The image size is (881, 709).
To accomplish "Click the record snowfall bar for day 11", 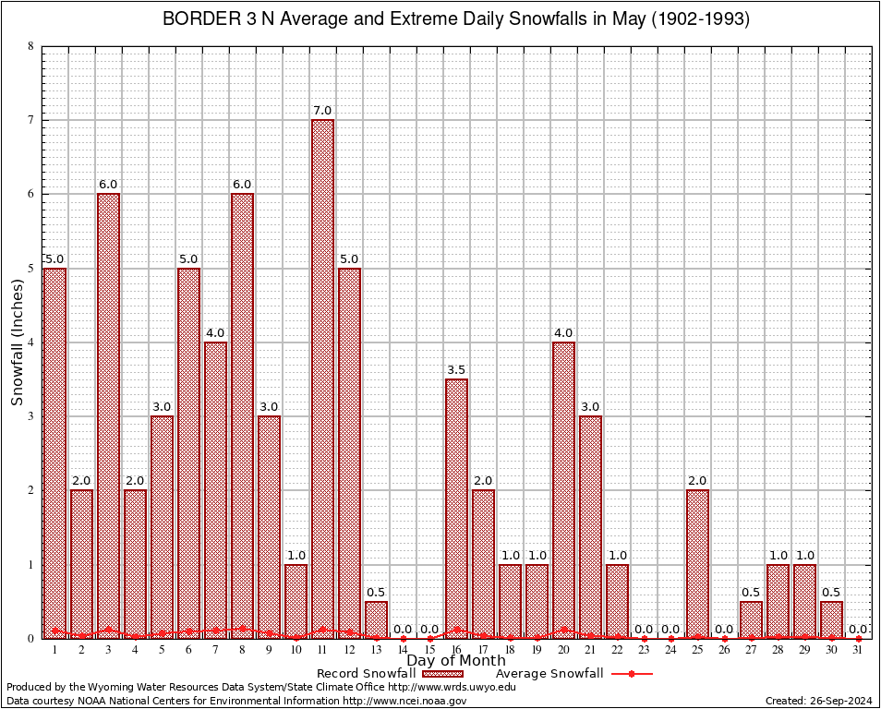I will coord(322,379).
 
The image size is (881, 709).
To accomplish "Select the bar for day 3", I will coord(108,415).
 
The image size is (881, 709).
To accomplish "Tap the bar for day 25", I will coord(697,563).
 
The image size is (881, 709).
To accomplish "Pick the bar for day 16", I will coord(456,508).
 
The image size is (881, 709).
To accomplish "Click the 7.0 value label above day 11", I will coord(322,111).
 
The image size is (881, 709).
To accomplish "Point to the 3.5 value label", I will coord(456,370).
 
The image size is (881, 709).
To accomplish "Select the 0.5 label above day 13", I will coord(376,593).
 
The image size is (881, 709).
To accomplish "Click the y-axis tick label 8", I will coord(31,46).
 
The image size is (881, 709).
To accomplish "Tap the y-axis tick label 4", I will coord(31,342).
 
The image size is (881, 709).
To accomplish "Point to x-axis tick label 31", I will coord(858,650).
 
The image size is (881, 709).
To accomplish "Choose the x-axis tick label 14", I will coord(403,650).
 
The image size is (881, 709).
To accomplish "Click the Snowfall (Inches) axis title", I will coord(18,342).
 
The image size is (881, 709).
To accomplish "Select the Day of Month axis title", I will coord(456,661).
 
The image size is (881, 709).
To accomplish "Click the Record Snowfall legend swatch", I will coord(444,674).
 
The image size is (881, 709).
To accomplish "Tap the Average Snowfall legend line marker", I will coord(631,674).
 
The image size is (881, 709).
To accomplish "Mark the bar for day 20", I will coord(563,489).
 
